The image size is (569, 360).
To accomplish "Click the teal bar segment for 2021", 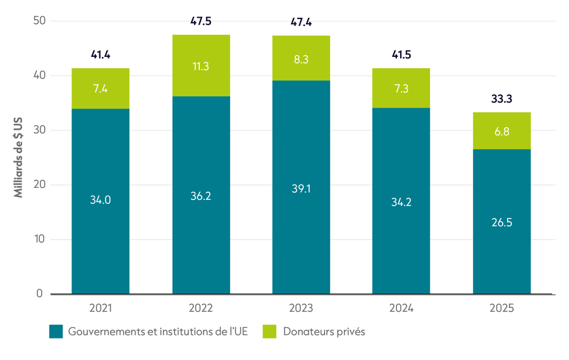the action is point(101,201).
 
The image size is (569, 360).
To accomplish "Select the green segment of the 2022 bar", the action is point(201,65).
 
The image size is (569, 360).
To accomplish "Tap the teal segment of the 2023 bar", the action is point(301,187).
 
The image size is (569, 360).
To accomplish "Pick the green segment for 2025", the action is point(502,131).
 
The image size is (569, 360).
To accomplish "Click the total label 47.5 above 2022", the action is point(200,21).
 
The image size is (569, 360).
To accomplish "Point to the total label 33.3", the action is point(501,99).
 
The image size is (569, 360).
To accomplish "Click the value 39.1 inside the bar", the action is point(301,189).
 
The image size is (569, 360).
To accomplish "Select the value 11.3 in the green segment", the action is point(200,66).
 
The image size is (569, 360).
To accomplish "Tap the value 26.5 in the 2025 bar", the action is point(502,222).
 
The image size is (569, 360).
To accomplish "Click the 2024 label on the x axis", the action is point(401,308).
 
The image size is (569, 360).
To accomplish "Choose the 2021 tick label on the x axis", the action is point(101,308).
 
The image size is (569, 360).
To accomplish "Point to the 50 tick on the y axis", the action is point(40,21).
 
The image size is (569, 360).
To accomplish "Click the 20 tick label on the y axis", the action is point(40,185).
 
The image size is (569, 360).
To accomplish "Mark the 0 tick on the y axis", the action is point(40,294).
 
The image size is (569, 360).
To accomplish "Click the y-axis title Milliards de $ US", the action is point(18,158).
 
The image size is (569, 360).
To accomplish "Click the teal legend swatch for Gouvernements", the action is point(56,332).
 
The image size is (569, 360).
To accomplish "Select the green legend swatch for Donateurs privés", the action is point(269,332).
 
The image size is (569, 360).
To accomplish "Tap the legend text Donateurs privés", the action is point(324,332).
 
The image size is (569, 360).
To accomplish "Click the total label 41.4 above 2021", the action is point(101,55).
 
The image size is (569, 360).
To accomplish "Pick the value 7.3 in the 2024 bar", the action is point(401,89).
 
